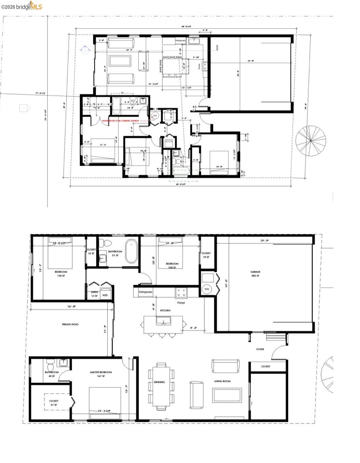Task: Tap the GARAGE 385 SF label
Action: click(x=255, y=274)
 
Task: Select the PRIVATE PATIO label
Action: click(x=70, y=324)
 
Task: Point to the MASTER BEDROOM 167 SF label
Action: click(x=101, y=374)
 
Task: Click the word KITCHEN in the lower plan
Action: click(x=165, y=310)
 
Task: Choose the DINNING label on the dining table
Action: click(x=159, y=382)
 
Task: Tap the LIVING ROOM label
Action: click(x=222, y=381)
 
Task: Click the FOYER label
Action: click(x=260, y=349)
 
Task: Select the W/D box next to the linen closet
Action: click(x=105, y=295)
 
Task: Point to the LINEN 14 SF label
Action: click(x=94, y=294)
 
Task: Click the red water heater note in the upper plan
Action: click(x=120, y=121)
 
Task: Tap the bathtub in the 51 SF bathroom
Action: click(x=131, y=252)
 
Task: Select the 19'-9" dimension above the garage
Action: click(x=264, y=241)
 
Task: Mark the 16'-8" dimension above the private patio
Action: click(x=71, y=307)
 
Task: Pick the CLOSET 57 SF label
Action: click(x=54, y=403)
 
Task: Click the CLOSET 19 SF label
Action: click(x=206, y=255)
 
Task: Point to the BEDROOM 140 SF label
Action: click(x=61, y=273)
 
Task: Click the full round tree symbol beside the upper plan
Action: click(x=310, y=140)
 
